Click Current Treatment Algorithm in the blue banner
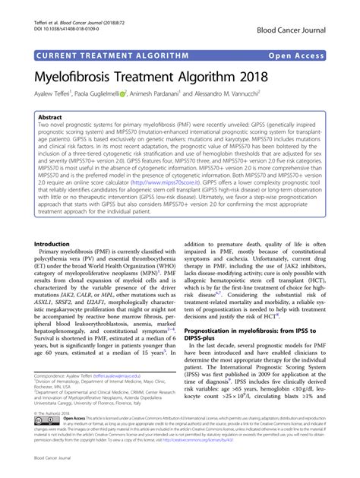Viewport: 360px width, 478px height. click(x=110, y=55)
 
